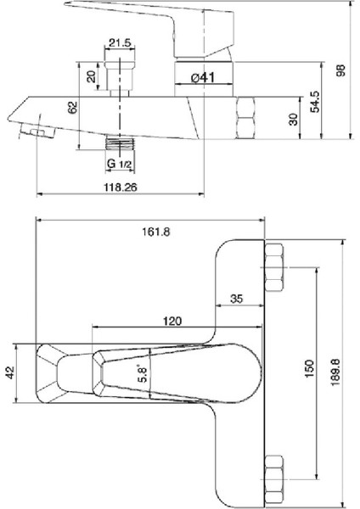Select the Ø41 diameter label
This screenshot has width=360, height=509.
[202, 77]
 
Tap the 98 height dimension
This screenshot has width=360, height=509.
[342, 71]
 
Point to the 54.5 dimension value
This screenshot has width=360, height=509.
[315, 103]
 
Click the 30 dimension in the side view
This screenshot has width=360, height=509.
[293, 120]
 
